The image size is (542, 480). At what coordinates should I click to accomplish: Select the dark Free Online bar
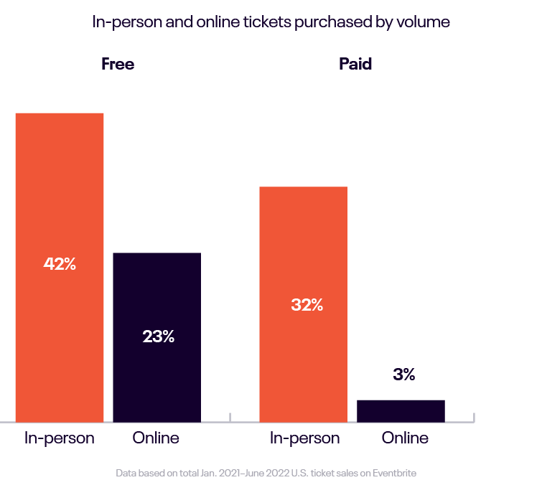coord(157,301)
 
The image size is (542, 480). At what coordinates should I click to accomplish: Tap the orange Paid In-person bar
coord(303,244)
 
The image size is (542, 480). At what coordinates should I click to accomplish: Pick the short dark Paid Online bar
coord(401,410)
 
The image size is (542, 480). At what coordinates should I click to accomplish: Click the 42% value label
coord(60,264)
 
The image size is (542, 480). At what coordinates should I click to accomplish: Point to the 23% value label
coord(158,336)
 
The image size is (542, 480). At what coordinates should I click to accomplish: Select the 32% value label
coord(307,305)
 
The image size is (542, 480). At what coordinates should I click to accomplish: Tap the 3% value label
coord(404,375)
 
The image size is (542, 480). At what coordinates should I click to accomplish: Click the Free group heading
coord(118,64)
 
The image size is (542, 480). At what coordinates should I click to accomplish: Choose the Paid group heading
coord(355,64)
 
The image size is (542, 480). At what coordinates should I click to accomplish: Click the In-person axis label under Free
coord(60,438)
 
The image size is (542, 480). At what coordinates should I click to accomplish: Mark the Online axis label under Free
coord(156,438)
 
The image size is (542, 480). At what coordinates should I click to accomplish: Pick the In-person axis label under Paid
coord(304,438)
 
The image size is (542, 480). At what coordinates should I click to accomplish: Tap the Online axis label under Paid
coord(405,438)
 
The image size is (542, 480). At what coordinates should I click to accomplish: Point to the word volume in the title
coord(426,22)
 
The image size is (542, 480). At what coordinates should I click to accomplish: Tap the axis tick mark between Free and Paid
coord(230,417)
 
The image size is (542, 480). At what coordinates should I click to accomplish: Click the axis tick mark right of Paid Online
coord(474,417)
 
